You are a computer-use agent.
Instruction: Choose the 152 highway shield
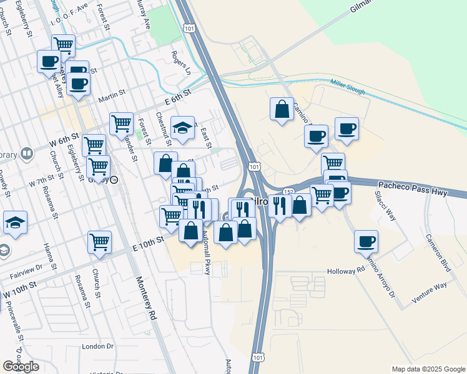pyautogui.click(x=288, y=192)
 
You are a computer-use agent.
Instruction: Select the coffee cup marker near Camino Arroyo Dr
pyautogui.click(x=366, y=241)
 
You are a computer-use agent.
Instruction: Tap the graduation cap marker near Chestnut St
pyautogui.click(x=182, y=127)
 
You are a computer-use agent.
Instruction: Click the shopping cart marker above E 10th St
pyautogui.click(x=99, y=241)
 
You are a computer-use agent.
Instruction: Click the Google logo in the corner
pyautogui.click(x=21, y=367)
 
